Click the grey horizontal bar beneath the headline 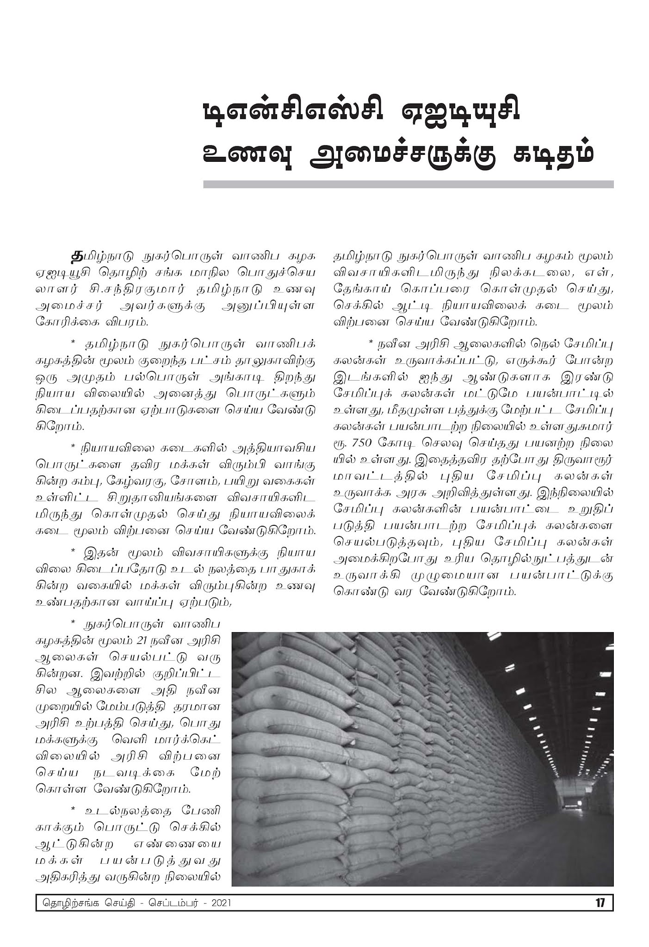coord(408,184)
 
